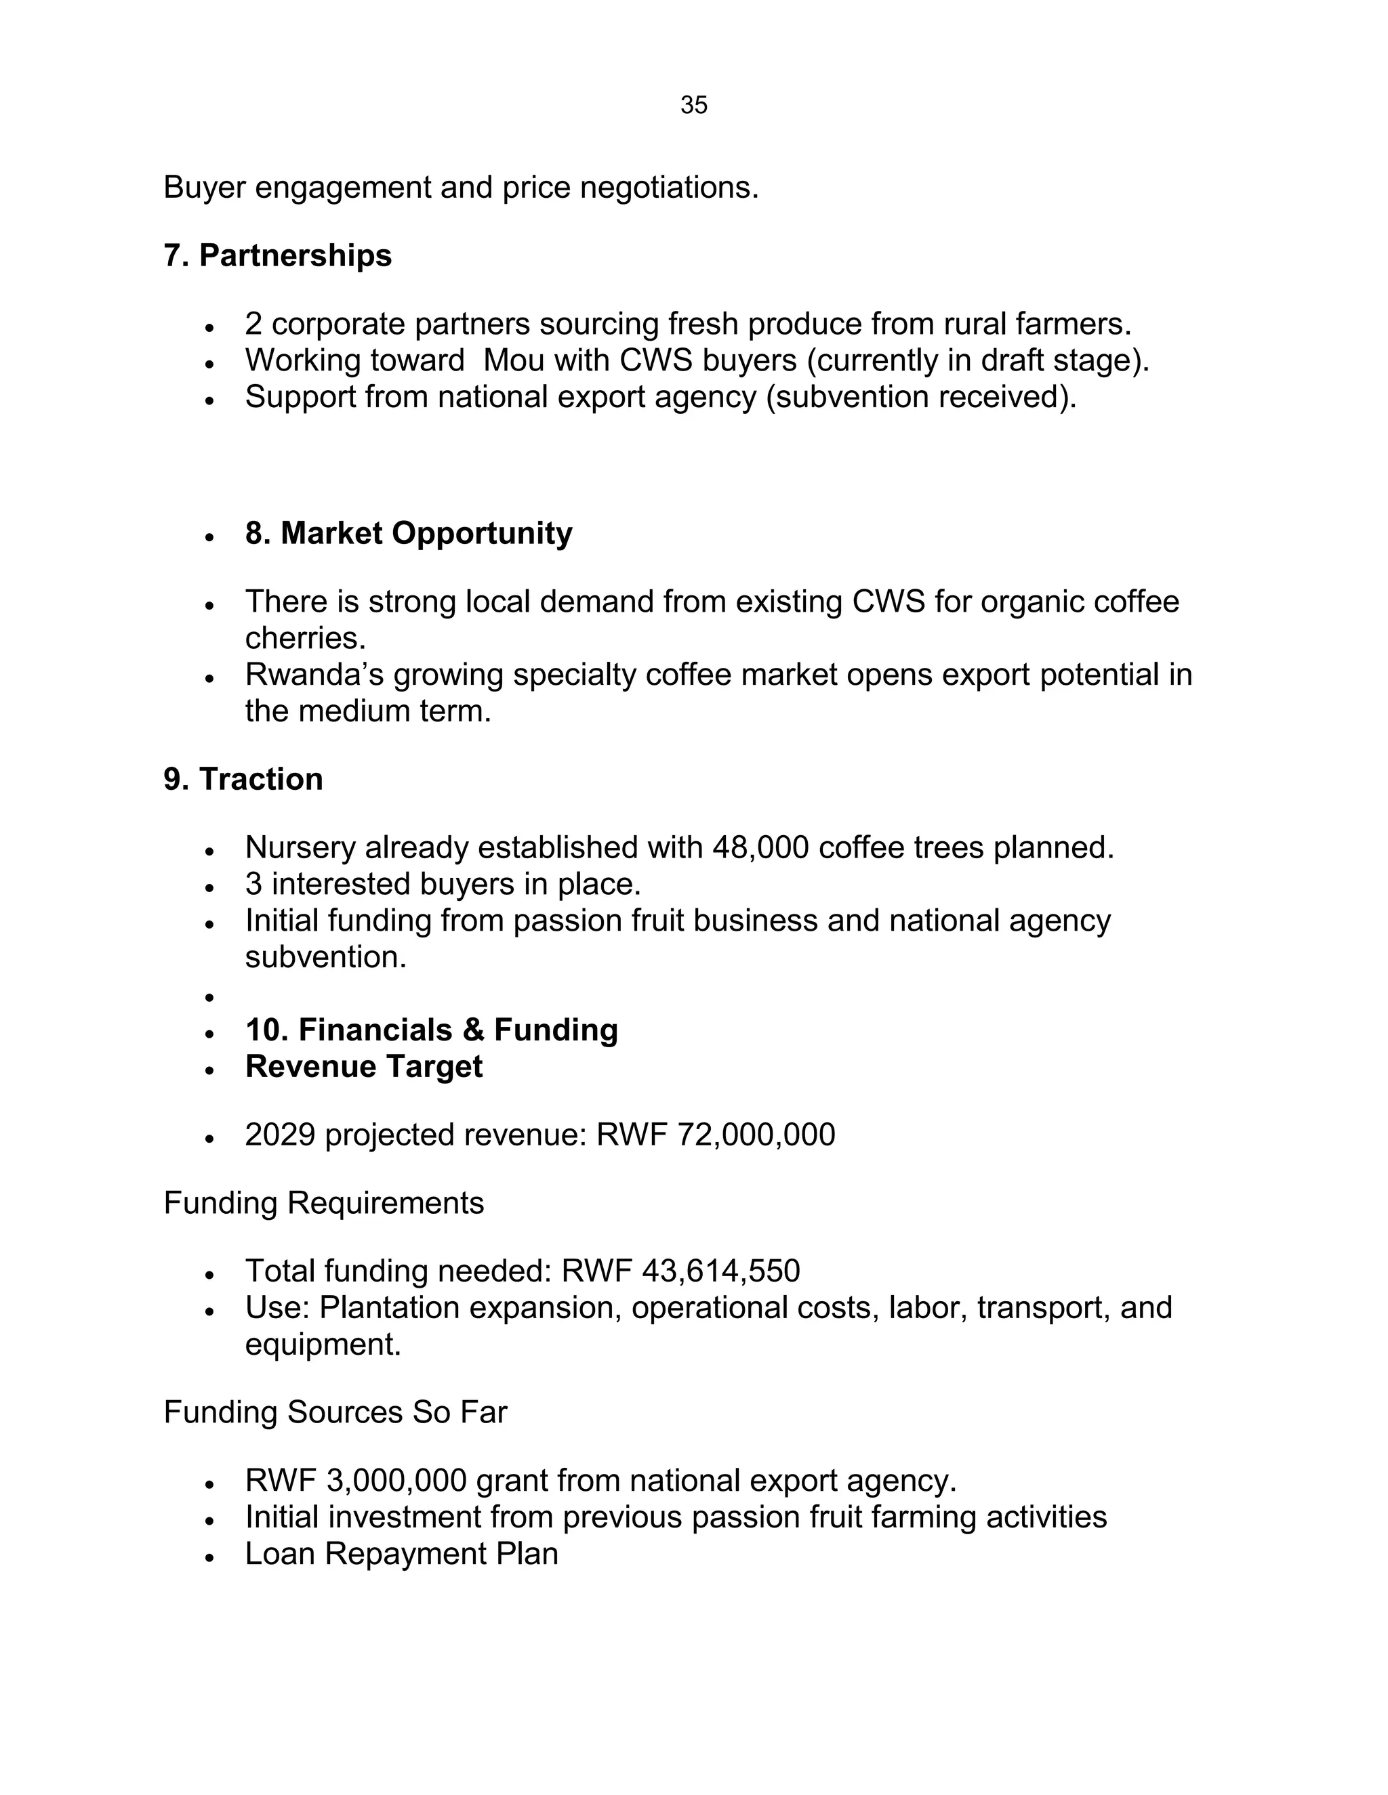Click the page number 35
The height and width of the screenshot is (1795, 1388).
click(693, 105)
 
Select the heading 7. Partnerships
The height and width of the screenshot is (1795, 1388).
click(277, 255)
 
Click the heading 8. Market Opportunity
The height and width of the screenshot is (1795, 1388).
click(408, 533)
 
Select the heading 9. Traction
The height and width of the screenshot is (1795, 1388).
click(243, 779)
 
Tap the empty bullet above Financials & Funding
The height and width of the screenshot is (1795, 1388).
click(209, 998)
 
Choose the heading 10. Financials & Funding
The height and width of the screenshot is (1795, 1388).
click(431, 1030)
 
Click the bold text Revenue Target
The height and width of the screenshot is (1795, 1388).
click(363, 1067)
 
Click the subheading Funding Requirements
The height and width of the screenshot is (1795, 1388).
click(323, 1203)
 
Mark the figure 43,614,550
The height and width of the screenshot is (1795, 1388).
click(720, 1271)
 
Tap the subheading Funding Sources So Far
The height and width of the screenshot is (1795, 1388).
click(335, 1412)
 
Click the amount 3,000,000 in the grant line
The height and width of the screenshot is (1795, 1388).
click(396, 1480)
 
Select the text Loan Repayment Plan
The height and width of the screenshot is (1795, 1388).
click(401, 1553)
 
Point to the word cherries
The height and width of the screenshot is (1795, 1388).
click(304, 638)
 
